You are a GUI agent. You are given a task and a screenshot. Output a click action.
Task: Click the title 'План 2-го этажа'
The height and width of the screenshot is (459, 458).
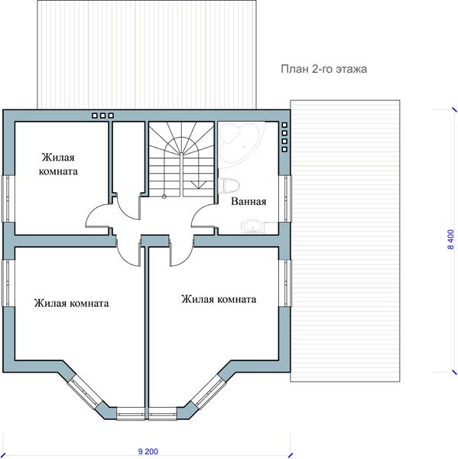pos(323,69)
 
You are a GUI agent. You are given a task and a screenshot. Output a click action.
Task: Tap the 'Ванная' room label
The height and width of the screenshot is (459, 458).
pos(248,201)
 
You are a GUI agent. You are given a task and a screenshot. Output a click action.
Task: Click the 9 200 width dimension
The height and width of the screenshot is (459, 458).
pos(148,451)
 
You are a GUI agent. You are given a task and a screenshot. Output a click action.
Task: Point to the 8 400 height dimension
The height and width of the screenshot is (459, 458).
pos(451,239)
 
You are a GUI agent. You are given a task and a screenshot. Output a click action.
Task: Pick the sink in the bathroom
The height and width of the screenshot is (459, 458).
pos(252,226)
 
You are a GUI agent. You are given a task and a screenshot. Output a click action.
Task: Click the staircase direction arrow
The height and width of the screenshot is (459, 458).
pos(199,184)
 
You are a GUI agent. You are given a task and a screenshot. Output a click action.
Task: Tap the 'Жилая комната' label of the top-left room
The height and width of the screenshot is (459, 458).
pos(58,164)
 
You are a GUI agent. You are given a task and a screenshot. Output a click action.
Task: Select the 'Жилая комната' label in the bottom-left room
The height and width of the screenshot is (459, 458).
pos(71,303)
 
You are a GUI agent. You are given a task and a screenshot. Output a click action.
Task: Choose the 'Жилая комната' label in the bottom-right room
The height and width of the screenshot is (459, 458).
pos(219,299)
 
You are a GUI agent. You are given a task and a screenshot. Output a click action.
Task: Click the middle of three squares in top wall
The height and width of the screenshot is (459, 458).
pos(102,116)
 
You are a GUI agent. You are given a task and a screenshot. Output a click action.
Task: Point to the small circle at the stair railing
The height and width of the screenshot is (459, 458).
pos(164,197)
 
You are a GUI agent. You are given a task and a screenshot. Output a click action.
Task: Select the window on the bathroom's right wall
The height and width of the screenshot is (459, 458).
pos(285,198)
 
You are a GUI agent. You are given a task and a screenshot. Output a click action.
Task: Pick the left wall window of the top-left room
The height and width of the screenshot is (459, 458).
pos(8,198)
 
